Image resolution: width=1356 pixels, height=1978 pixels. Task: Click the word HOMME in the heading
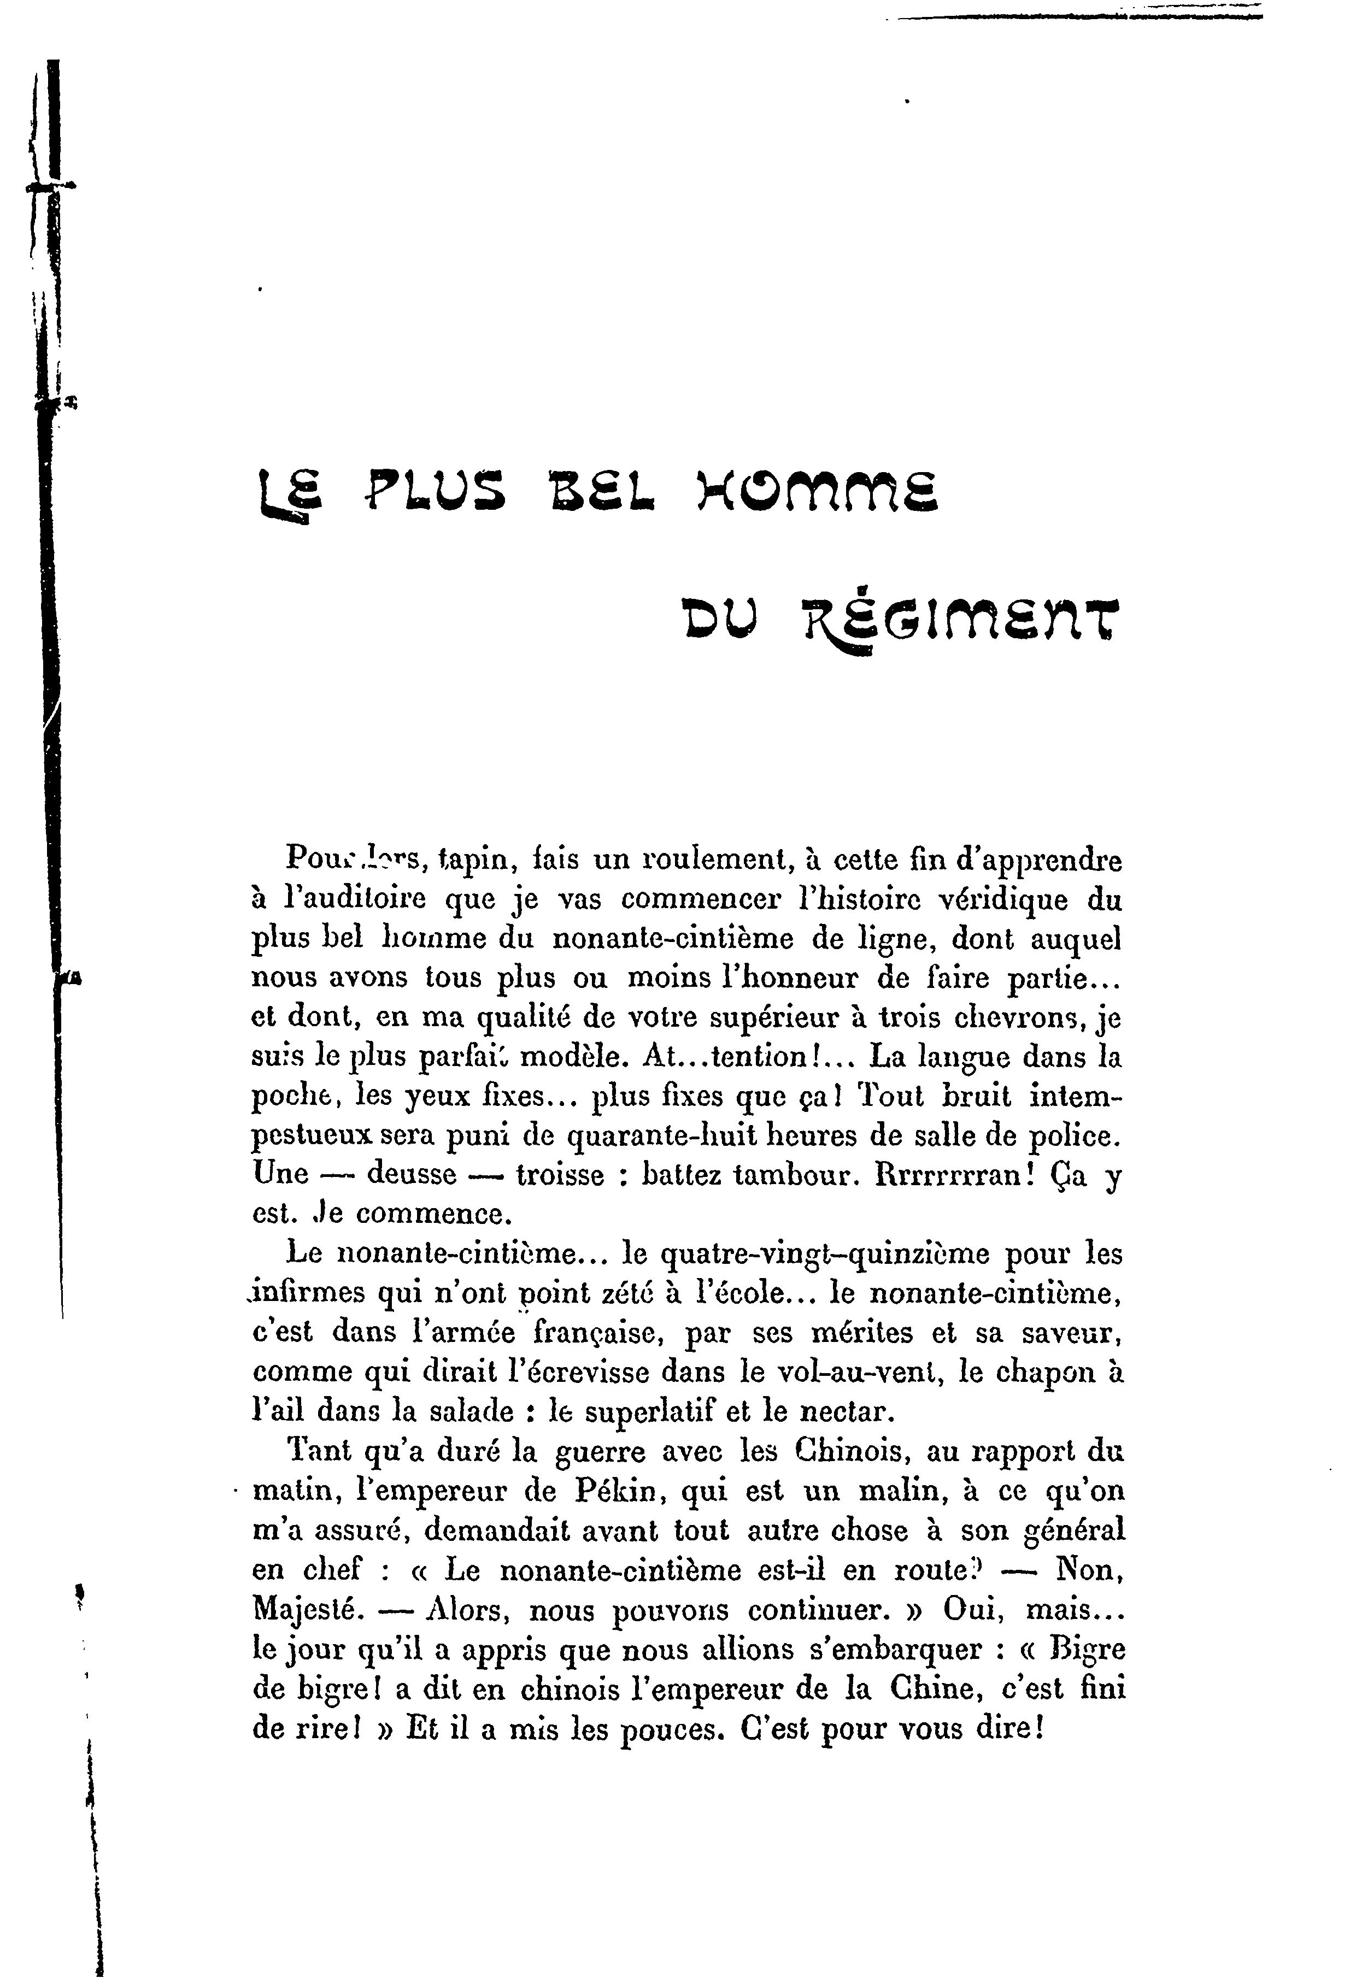(x=817, y=495)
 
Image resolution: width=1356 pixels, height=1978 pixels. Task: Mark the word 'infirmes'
(x=307, y=1293)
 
